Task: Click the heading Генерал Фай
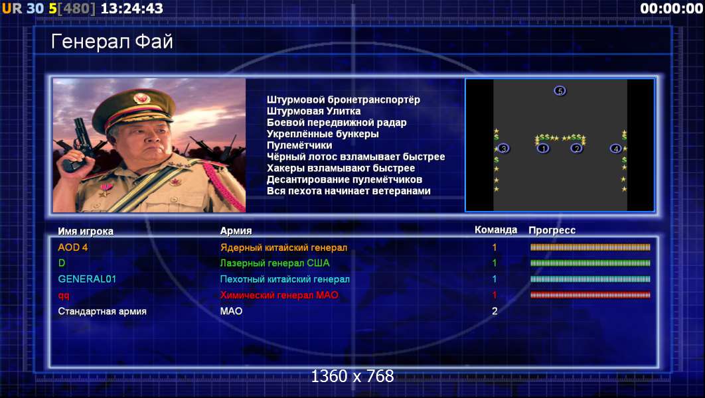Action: pos(112,42)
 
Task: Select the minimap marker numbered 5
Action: pos(560,91)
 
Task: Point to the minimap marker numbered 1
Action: pos(543,148)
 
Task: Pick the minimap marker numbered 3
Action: pos(504,148)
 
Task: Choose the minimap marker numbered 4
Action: pos(615,148)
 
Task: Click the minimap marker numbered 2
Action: pos(576,148)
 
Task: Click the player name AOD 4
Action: pos(73,247)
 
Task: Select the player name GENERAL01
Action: pos(87,279)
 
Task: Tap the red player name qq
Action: pos(63,296)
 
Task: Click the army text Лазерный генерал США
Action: pos(275,263)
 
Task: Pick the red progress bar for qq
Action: pos(590,295)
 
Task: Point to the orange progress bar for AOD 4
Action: pos(590,247)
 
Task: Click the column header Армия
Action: pos(236,231)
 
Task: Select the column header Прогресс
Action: pos(552,230)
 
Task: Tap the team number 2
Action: pos(495,311)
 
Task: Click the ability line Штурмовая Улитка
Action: pos(313,111)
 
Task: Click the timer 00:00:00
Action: pos(671,9)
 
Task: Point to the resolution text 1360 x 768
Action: pos(352,376)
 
